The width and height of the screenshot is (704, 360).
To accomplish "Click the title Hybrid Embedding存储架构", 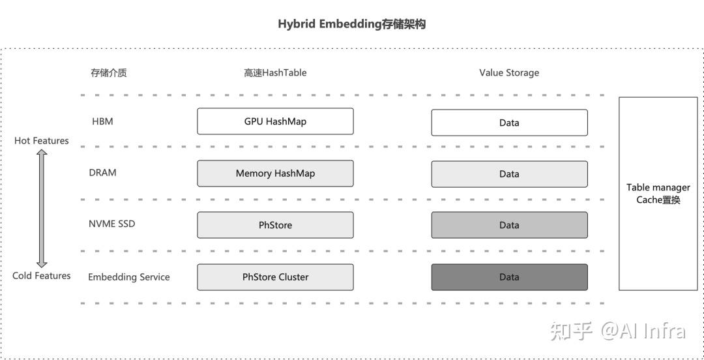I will (x=352, y=24).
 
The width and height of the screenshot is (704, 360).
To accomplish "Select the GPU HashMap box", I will (x=275, y=121).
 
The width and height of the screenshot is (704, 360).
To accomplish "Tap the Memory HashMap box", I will (x=275, y=173).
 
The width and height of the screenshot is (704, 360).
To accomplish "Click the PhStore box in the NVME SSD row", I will (x=275, y=225).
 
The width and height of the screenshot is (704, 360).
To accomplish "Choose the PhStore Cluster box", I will (x=275, y=277).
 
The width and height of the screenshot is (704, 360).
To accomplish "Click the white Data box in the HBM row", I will (x=509, y=123).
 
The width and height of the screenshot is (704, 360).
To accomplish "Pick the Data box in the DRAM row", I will (x=509, y=174).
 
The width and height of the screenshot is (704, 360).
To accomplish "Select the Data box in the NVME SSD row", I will (x=509, y=225).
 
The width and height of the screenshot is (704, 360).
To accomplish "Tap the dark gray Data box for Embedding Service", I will (x=509, y=277).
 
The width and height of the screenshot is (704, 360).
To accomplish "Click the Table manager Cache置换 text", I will (x=658, y=194).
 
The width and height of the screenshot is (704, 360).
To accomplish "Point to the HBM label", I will (x=102, y=121).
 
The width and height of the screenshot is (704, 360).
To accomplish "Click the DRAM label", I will (x=103, y=173).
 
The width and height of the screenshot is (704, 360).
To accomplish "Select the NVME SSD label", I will (x=112, y=224).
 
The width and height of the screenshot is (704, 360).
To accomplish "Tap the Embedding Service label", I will (x=128, y=277).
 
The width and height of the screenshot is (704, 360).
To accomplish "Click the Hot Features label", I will (x=41, y=141).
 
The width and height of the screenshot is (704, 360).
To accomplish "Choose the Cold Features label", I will (x=41, y=276).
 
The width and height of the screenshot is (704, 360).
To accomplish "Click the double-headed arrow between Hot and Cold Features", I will (x=42, y=208).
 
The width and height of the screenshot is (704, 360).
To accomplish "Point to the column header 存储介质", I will (x=108, y=73).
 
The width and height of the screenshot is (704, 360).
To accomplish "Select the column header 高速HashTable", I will (x=275, y=73).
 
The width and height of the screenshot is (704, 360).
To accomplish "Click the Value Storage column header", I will (x=509, y=73).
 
